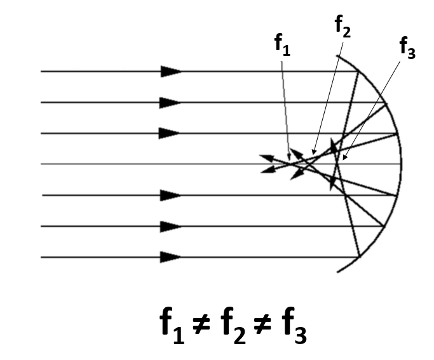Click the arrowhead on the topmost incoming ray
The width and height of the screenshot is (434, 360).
(x=171, y=71)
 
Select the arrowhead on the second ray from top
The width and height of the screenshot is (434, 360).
(x=170, y=102)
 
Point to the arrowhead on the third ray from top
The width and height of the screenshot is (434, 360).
(x=170, y=133)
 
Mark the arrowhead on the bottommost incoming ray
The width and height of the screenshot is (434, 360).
(x=170, y=257)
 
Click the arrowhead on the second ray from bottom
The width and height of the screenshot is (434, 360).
(x=170, y=226)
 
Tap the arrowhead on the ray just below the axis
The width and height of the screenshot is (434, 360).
(x=170, y=195)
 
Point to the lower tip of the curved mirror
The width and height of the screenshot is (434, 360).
(x=337, y=272)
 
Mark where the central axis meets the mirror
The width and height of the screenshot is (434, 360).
(x=402, y=164)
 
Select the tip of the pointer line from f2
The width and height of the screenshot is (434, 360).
(x=313, y=154)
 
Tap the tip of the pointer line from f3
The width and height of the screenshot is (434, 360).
(x=344, y=159)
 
